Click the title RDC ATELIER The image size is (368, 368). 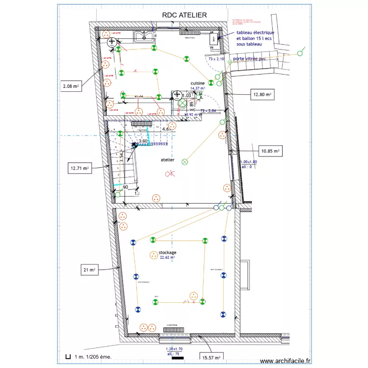pyautogui.click(x=184, y=15)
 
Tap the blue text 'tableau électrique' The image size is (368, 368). pyautogui.click(x=255, y=33)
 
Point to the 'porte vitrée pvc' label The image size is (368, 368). pyautogui.click(x=249, y=59)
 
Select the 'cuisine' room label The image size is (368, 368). pyautogui.click(x=197, y=83)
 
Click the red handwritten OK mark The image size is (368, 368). pyautogui.click(x=170, y=174)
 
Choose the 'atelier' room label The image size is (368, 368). pyautogui.click(x=168, y=160)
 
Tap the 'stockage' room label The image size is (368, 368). pyautogui.click(x=167, y=252)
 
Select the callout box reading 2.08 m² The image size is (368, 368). pyautogui.click(x=71, y=86)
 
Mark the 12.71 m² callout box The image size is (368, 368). pyautogui.click(x=79, y=168)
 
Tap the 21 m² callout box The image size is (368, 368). pyautogui.click(x=89, y=269)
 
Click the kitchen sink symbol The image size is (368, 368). pyautogui.click(x=144, y=35)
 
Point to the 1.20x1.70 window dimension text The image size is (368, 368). pyautogui.click(x=173, y=349)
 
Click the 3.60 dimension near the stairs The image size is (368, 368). pyautogui.click(x=143, y=141)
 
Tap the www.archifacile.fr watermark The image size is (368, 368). pyautogui.click(x=285, y=360)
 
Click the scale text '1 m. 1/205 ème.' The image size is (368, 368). pyautogui.click(x=93, y=357)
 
